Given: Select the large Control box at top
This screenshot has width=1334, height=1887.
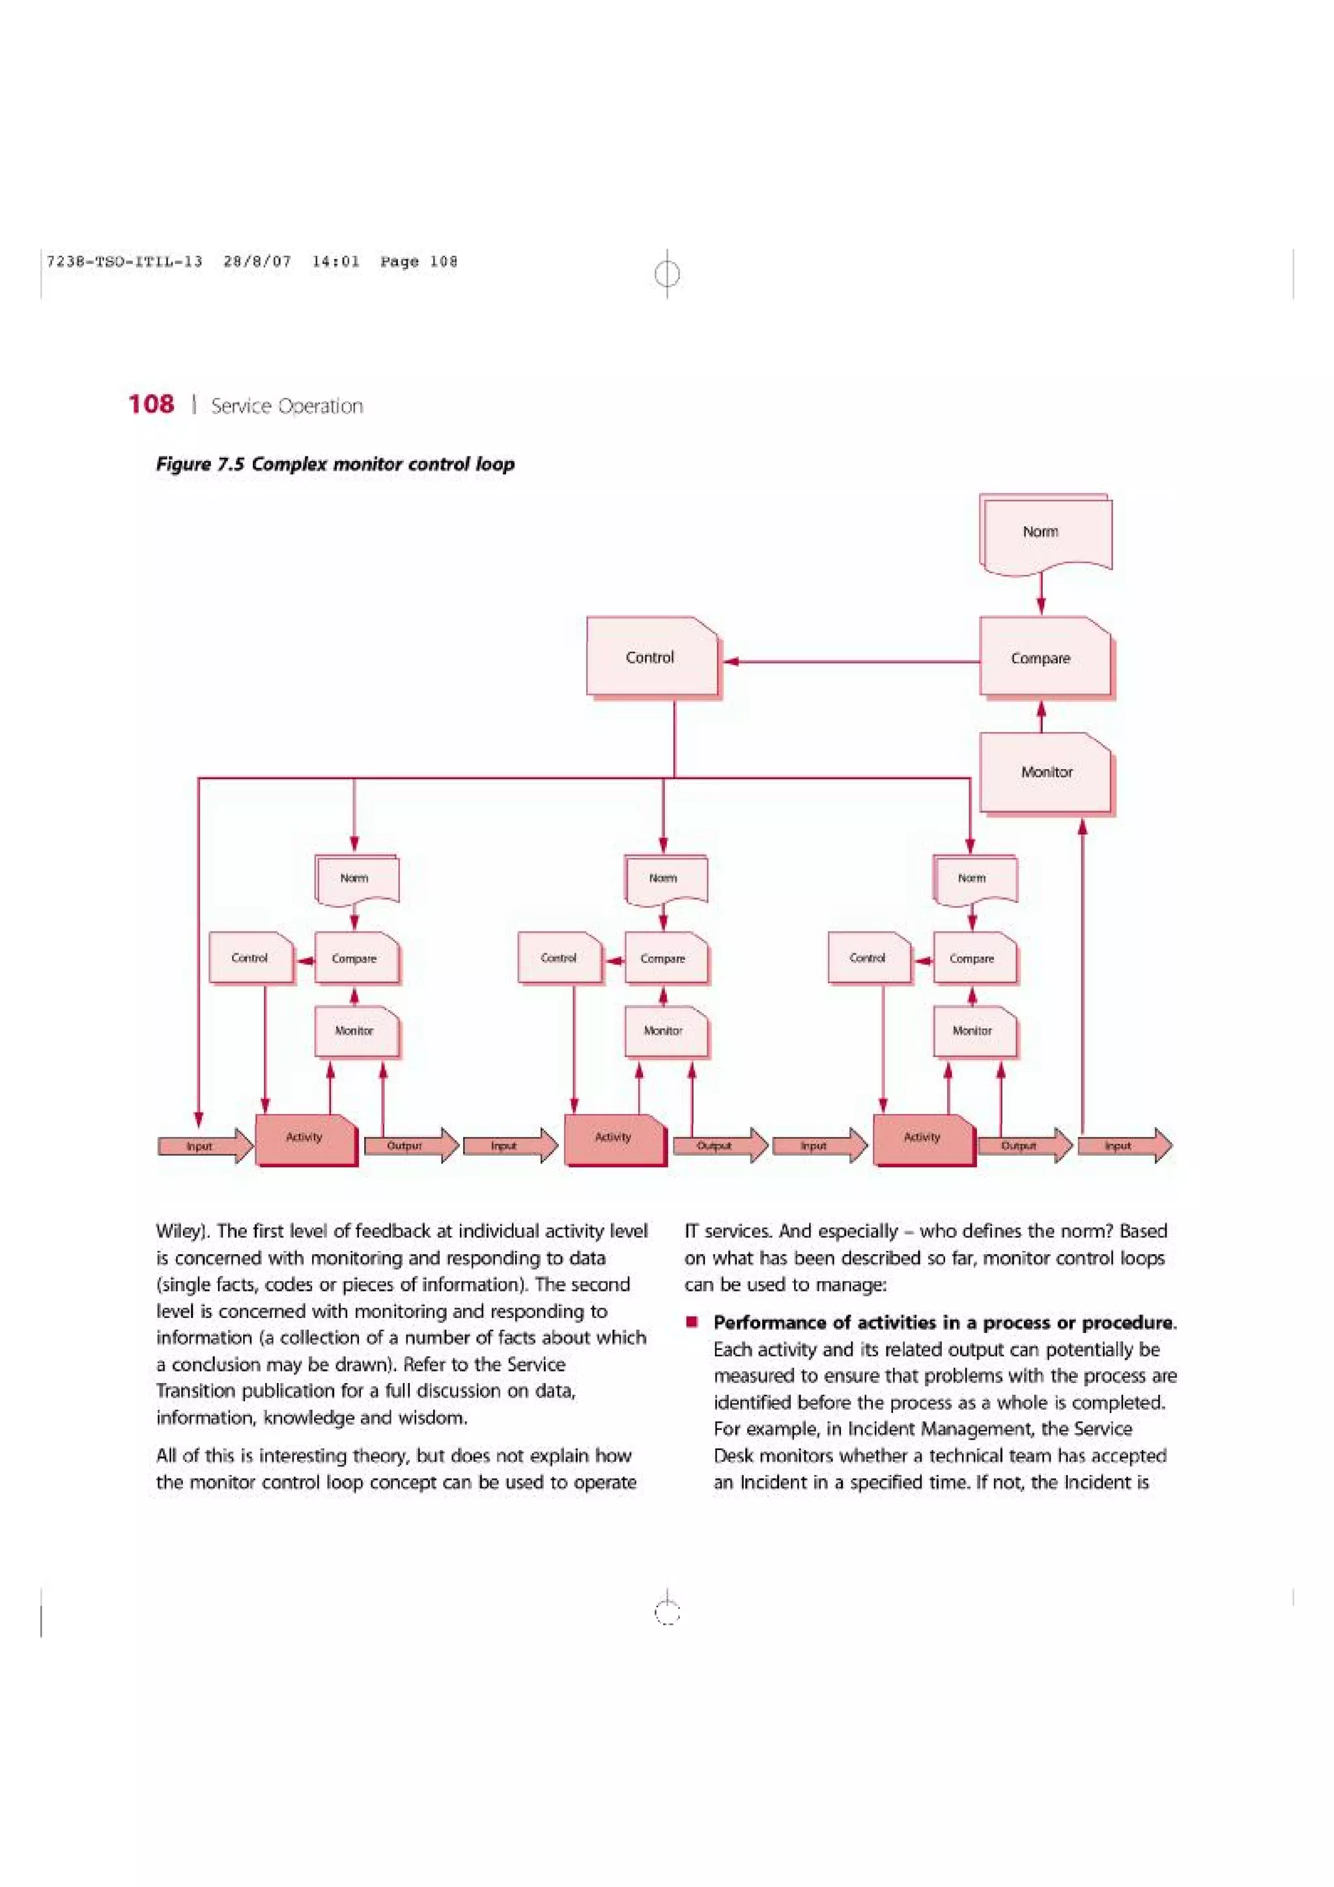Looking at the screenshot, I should tap(651, 656).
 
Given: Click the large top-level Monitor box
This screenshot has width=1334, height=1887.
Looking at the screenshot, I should tap(1045, 772).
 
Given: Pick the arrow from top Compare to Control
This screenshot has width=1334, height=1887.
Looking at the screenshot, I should tap(851, 661).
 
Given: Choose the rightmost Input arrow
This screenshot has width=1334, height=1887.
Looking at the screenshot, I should tap(1124, 1146).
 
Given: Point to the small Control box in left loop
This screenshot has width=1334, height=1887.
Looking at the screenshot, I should tap(250, 957).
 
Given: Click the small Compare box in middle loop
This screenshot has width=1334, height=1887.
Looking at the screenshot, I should tap(664, 958).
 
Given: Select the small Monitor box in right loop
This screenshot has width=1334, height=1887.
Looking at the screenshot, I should tap(973, 1031).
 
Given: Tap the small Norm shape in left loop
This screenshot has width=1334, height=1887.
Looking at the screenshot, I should tap(355, 878).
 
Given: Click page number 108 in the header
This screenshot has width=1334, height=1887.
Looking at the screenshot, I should tap(151, 404).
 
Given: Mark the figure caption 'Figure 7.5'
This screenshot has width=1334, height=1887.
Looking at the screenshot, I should tap(201, 464).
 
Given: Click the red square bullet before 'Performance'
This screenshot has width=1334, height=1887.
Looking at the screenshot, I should tap(693, 1322).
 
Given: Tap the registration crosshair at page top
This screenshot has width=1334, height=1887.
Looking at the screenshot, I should tap(668, 273).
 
